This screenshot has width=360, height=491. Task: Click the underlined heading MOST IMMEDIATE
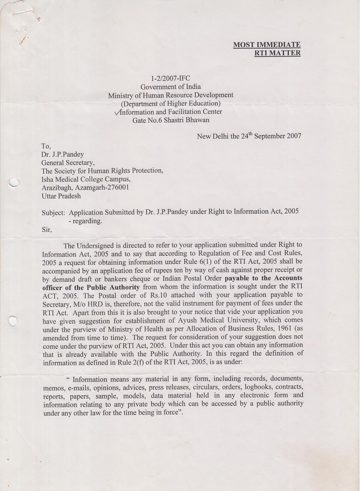point(267,45)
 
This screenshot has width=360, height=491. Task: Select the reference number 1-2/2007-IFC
point(171,78)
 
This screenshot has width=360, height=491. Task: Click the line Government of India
point(171,87)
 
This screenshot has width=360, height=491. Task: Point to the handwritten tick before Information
point(117,112)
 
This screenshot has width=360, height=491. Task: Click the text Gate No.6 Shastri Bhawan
point(171,120)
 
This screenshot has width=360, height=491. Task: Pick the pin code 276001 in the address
point(119,187)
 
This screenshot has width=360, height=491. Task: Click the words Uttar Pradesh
point(61,196)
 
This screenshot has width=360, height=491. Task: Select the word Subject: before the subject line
point(53,212)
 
